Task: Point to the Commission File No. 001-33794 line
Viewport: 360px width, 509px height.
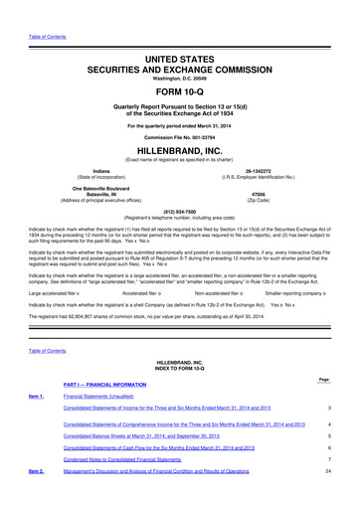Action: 180,136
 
